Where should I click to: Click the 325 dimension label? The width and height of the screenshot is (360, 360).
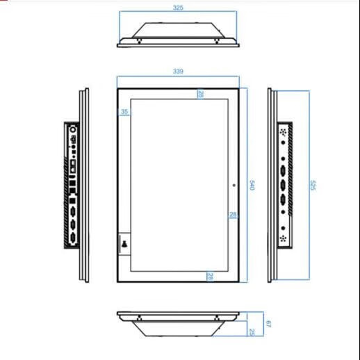click(x=178, y=8)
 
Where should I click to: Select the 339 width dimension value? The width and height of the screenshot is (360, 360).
click(x=178, y=71)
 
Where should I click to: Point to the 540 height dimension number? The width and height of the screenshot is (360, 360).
click(x=252, y=185)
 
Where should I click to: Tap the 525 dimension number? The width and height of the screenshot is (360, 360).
click(x=313, y=185)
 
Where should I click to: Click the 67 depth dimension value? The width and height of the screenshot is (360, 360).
click(x=268, y=324)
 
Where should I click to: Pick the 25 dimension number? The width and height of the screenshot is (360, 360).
click(x=252, y=332)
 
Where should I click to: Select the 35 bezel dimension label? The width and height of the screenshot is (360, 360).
click(x=124, y=112)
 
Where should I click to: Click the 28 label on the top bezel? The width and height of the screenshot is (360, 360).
click(x=201, y=94)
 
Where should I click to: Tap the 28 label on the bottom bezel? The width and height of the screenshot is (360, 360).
click(x=210, y=276)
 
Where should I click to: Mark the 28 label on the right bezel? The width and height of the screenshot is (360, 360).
click(x=233, y=215)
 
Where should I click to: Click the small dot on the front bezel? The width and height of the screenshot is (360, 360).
click(x=234, y=185)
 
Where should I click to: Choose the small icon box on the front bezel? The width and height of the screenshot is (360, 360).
click(x=124, y=244)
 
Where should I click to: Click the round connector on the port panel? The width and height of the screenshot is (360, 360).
click(x=73, y=129)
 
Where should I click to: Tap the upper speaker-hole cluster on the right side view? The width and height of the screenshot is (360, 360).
click(x=283, y=132)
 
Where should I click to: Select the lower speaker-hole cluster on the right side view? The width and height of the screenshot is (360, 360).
click(x=283, y=238)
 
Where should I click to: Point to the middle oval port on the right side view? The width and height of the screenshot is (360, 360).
click(x=283, y=185)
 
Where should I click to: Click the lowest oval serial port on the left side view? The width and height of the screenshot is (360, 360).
click(x=73, y=238)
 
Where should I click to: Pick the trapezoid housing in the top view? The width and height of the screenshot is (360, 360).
click(x=178, y=30)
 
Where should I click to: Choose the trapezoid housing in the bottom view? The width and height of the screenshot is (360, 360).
click(x=178, y=329)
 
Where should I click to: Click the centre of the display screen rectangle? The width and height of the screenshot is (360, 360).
click(x=179, y=185)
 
